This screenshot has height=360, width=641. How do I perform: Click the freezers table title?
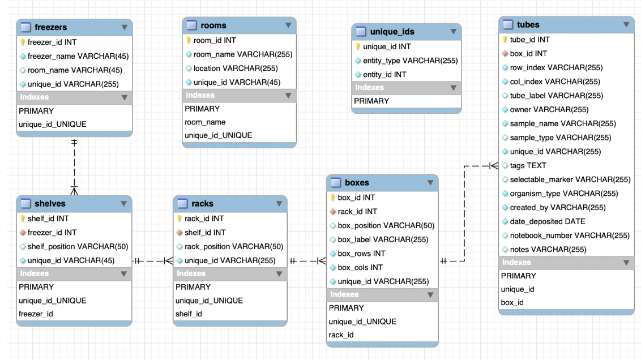(x=50, y=27)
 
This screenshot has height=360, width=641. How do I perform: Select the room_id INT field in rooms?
(x=215, y=40)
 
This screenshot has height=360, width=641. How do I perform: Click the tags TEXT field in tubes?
(x=528, y=165)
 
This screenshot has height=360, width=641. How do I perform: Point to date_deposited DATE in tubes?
(x=547, y=221)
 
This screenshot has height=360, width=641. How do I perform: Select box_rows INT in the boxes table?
(x=361, y=253)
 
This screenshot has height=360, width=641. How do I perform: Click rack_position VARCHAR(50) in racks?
(x=230, y=246)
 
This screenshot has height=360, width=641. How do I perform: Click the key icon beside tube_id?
(x=505, y=40)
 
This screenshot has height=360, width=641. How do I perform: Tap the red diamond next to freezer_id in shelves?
(x=23, y=232)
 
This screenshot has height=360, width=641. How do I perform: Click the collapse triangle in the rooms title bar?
(x=288, y=25)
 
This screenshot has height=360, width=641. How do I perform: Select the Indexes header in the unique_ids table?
(x=369, y=88)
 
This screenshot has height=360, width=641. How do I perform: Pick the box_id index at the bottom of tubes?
(x=512, y=303)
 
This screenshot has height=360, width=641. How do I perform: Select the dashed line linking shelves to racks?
(x=152, y=261)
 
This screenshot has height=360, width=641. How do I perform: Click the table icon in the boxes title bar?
(x=335, y=183)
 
